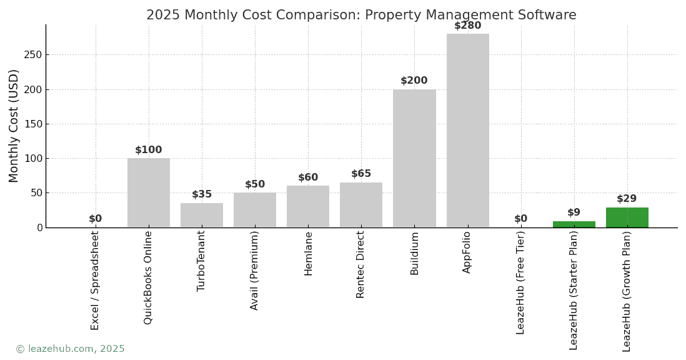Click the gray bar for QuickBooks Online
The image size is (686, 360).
tap(149, 192)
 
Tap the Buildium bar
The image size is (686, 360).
tap(414, 158)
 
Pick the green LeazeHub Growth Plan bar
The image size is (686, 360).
tap(627, 217)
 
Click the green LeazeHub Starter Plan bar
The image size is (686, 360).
tap(574, 224)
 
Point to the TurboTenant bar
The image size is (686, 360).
tap(202, 215)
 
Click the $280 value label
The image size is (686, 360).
tap(467, 26)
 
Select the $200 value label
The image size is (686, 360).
tap(414, 81)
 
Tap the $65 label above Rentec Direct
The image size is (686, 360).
tap(361, 174)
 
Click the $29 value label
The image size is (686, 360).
tap(627, 199)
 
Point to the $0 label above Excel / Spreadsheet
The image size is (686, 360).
tap(95, 219)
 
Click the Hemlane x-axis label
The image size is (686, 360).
tap(309, 253)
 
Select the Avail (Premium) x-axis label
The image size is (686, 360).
tap(255, 270)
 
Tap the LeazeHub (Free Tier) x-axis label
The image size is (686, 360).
tap(521, 282)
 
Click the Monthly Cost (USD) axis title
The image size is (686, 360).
tap(14, 126)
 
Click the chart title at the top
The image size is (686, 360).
tap(361, 15)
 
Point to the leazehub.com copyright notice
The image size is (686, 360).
tap(70, 349)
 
